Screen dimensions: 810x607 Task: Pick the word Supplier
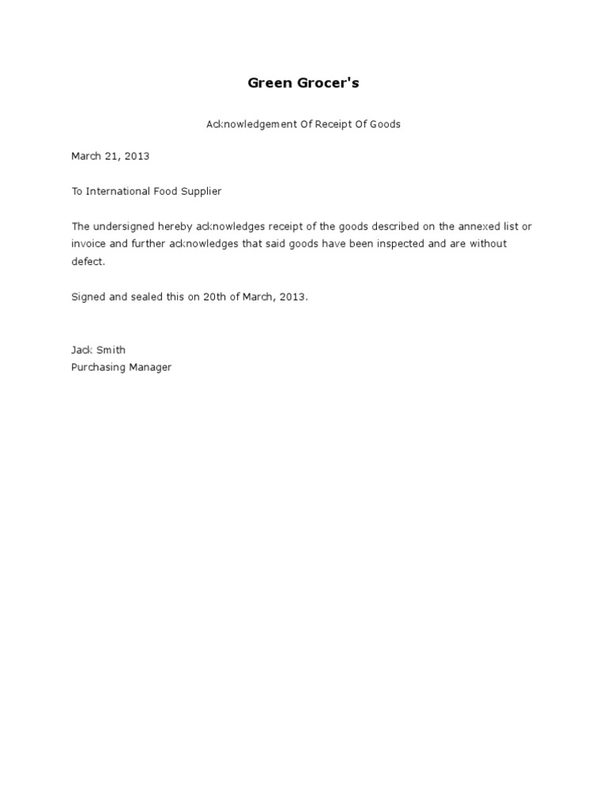[x=200, y=191]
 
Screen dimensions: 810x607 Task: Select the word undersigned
[x=123, y=227]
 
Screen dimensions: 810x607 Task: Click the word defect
[x=87, y=262]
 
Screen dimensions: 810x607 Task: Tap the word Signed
[x=89, y=297]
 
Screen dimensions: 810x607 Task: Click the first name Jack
[x=82, y=350]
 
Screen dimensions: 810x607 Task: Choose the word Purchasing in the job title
[x=98, y=368]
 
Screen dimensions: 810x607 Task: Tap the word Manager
[x=150, y=368]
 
